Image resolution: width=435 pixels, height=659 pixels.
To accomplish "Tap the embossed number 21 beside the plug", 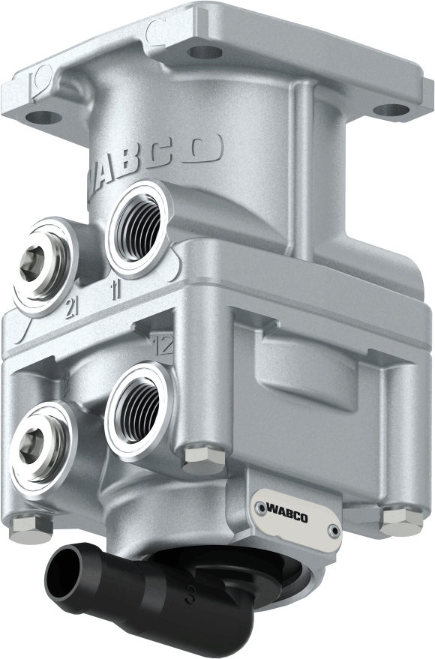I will pyautogui.click(x=73, y=306).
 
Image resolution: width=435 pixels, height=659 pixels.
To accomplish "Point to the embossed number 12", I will pyautogui.click(x=163, y=346).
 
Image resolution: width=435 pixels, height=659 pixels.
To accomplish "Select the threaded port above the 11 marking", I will pyautogui.click(x=136, y=218).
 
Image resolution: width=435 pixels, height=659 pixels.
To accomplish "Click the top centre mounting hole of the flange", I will pyautogui.click(x=202, y=52).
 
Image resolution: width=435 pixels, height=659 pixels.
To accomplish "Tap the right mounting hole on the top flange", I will pyautogui.click(x=391, y=111).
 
